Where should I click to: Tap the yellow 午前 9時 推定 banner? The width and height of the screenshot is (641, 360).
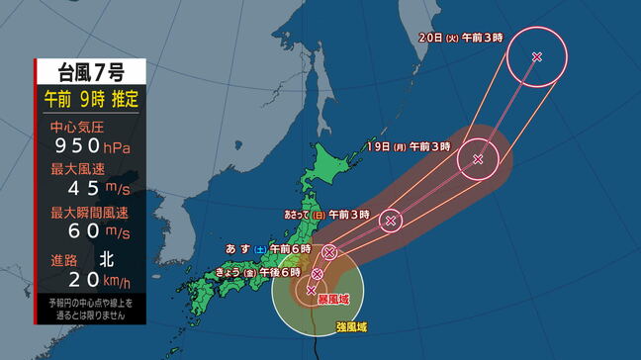[90, 99]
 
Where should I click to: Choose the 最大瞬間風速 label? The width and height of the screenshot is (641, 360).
[84, 211]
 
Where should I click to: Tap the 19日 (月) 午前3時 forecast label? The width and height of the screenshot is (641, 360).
[409, 146]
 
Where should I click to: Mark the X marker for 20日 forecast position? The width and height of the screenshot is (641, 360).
[536, 57]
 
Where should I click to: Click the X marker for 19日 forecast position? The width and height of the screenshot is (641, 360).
[478, 158]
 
